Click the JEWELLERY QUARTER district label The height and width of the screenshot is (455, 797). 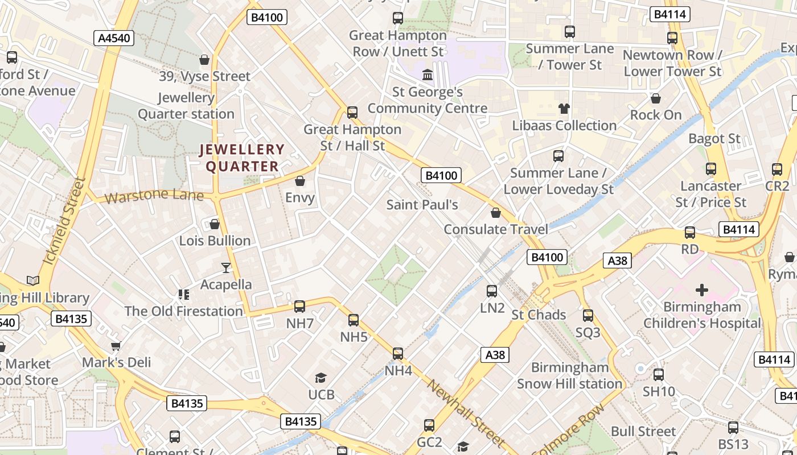[242, 158]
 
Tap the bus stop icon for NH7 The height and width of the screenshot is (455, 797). [299, 307]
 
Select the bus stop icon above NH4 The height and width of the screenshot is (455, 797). [398, 354]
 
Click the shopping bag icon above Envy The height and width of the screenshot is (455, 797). [300, 181]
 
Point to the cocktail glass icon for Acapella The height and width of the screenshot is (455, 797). [226, 267]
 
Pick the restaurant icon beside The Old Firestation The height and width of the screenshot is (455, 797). [183, 294]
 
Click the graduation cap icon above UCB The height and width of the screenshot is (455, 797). [321, 378]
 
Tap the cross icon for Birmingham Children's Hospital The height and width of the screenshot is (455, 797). [702, 290]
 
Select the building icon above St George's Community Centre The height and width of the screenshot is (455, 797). [427, 75]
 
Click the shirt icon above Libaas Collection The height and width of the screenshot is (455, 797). [564, 109]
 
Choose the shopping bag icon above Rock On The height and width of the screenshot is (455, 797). [656, 98]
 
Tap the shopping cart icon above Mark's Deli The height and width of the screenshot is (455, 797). [116, 346]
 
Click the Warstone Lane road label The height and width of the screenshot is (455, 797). [154, 196]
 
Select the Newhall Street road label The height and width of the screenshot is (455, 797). [466, 413]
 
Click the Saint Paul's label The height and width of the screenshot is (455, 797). [422, 205]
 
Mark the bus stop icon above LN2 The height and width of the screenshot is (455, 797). [492, 291]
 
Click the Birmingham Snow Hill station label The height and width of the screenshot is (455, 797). [569, 375]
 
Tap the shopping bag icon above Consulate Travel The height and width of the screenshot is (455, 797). [496, 213]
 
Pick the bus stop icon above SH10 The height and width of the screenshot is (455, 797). [659, 375]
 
